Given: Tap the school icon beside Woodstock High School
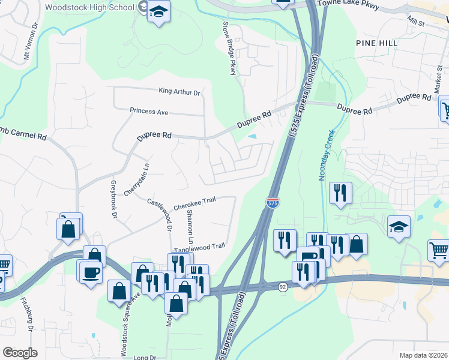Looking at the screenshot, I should point(158,12).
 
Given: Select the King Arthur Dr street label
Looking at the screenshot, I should point(179,92).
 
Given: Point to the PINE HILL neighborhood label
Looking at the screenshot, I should point(376,43).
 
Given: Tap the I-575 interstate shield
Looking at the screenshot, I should point(273,203).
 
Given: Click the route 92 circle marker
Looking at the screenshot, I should point(282,287).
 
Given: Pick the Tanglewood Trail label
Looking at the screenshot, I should point(199,247).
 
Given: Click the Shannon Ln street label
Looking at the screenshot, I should point(190,222).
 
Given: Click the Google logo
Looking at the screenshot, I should point(20,353).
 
